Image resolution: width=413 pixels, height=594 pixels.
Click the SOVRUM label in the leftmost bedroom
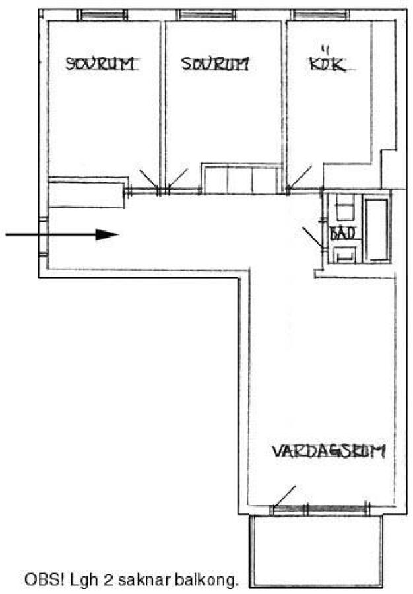pyautogui.click(x=100, y=63)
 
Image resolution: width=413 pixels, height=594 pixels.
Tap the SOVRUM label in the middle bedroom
pyautogui.click(x=215, y=63)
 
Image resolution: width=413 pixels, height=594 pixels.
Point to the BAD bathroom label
pyautogui.click(x=342, y=233)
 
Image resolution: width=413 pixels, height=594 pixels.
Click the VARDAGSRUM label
pyautogui.click(x=329, y=451)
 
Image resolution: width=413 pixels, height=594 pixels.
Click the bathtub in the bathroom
pyautogui.click(x=377, y=230)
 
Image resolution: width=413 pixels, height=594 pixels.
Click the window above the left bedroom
pyautogui.click(x=102, y=15)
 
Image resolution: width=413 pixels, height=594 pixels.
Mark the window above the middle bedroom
pyautogui.click(x=206, y=15)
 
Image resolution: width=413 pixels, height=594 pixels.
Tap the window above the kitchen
pyautogui.click(x=320, y=15)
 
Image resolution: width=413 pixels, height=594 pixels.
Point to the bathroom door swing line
pyautogui.click(x=312, y=238)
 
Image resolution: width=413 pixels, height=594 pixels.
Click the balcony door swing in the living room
pyautogui.click(x=284, y=496)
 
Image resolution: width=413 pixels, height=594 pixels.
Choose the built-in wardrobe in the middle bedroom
pyautogui.click(x=241, y=179)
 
